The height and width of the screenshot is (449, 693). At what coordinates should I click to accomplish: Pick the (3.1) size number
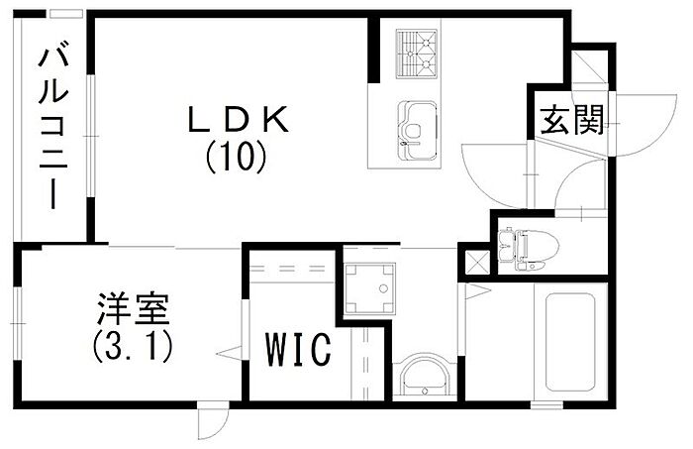[133, 347]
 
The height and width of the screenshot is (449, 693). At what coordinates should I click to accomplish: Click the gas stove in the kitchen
[417, 54]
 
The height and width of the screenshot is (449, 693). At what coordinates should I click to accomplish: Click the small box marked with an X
[475, 264]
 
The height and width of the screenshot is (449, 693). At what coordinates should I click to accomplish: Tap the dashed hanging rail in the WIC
[291, 269]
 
